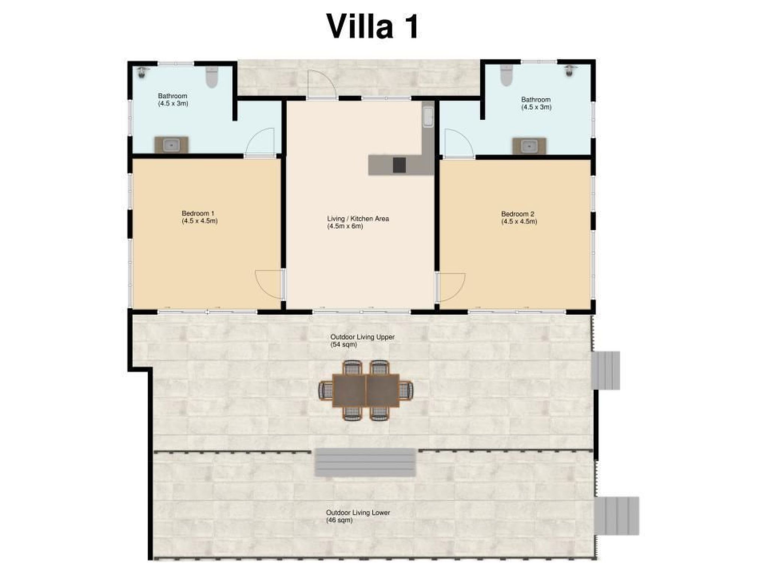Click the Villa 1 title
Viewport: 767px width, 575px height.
[x=372, y=26]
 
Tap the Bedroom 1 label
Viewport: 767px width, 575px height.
[x=200, y=217]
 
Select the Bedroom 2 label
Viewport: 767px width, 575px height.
[x=519, y=217]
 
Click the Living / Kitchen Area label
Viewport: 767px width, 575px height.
[x=358, y=222]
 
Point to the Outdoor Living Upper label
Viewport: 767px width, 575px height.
[x=362, y=341]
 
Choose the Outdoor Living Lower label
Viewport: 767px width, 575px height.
[x=358, y=516]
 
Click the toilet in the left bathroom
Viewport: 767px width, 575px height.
[x=212, y=77]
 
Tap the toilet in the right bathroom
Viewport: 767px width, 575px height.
[x=506, y=75]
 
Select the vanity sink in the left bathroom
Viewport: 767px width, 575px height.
[x=172, y=144]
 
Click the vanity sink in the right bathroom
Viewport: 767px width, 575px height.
[x=529, y=146]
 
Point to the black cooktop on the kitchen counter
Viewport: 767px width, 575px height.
[x=399, y=165]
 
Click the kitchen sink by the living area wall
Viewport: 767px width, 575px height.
[x=428, y=117]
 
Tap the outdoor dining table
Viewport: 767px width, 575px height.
[x=366, y=390]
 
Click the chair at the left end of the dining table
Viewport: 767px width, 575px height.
[x=325, y=390]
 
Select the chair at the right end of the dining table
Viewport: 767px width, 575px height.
[x=406, y=390]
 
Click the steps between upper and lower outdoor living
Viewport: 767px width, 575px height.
[x=365, y=462]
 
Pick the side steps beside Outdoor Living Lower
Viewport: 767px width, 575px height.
[x=617, y=516]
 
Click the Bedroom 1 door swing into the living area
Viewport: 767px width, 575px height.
[x=268, y=285]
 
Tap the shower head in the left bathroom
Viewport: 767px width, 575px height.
[x=142, y=72]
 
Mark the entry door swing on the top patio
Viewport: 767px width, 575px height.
[x=321, y=84]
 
